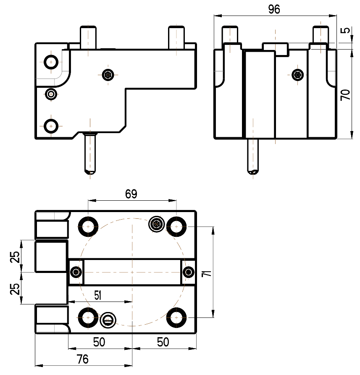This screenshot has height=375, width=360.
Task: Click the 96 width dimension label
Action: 274,9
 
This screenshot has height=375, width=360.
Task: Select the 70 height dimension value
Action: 345,95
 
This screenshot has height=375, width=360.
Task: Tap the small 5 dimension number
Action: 345,30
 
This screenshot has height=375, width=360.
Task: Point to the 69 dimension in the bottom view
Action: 131,194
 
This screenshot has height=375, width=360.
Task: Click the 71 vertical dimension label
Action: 206,273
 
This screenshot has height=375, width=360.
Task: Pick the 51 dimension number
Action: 97,295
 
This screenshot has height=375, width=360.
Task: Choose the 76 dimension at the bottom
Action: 82,359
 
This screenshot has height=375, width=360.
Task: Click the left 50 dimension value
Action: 99,342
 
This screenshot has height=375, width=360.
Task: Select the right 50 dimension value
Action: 163,342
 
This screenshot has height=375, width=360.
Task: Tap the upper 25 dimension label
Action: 15,257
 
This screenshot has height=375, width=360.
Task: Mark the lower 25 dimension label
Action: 15,288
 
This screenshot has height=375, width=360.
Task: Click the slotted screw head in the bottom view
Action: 108,320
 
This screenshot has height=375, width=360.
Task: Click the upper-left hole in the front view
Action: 51,62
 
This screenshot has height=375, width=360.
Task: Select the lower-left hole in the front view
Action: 51,126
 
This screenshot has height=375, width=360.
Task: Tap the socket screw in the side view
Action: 297,75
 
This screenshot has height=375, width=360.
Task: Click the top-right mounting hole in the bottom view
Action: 176,226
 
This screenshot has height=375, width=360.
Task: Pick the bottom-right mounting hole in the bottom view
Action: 176,317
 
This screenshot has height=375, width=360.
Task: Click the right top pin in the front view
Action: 176,37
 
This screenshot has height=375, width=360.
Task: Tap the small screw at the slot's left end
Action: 76,272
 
